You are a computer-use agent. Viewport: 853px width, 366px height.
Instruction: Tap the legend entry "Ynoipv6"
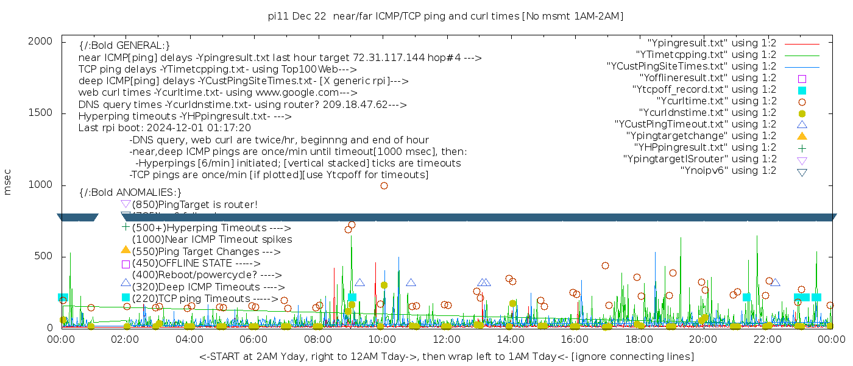pyautogui.click(x=728, y=171)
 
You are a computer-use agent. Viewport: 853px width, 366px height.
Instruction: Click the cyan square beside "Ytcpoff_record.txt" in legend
pyautogui.click(x=802, y=90)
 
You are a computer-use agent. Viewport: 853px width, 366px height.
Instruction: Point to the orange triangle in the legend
pyautogui.click(x=802, y=136)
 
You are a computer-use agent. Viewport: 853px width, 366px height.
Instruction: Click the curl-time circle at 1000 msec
pyautogui.click(x=384, y=186)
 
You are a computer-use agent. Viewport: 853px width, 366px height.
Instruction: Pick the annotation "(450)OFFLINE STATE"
pyautogui.click(x=181, y=264)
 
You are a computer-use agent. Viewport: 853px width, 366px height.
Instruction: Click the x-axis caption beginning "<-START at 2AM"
pyautogui.click(x=446, y=356)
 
